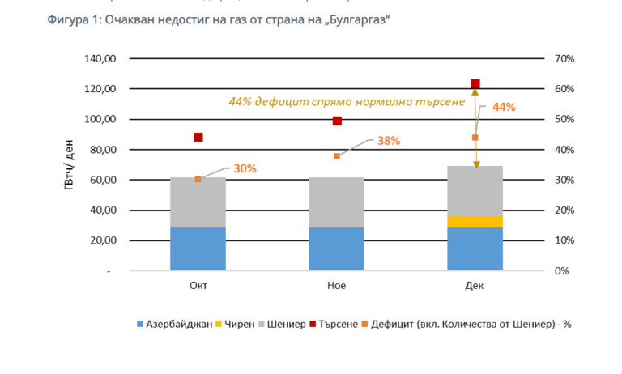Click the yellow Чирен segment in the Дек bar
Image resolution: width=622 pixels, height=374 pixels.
coord(475,221)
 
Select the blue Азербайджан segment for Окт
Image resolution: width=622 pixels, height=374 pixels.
coord(198,249)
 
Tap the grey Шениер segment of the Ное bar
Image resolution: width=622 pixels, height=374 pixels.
coord(337,202)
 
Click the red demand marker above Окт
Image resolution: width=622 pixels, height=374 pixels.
coord(198,138)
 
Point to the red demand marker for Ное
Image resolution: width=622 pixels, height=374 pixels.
coord(337,121)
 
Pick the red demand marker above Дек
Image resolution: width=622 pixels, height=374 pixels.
coord(475,84)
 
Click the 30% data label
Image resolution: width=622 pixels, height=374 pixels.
coord(245,169)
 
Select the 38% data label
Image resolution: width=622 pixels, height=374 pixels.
coord(388,140)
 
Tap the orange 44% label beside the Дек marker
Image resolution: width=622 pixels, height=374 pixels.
coord(504,107)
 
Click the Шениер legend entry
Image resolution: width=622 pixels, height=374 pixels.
coord(284,325)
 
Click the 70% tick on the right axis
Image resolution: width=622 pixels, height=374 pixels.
coord(564,59)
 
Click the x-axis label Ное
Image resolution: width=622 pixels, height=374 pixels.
coord(337,286)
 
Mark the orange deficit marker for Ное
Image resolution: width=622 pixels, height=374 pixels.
coord(337,155)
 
